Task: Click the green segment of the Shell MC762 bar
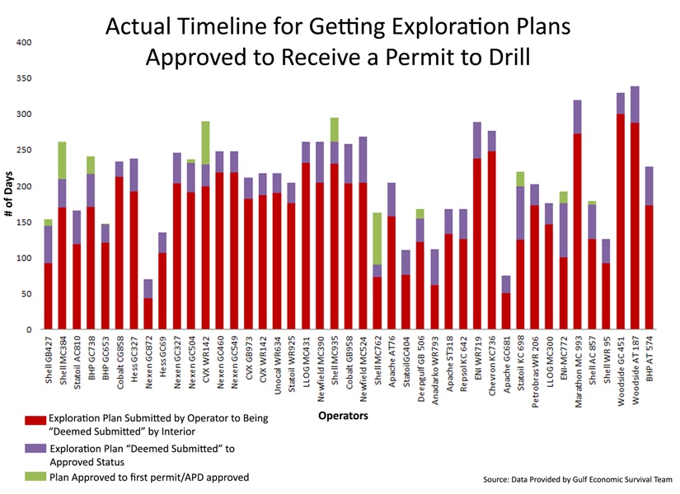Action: click(378, 239)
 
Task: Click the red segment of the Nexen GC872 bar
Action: click(148, 314)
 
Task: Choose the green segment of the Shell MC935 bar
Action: click(335, 129)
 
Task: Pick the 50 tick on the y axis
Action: click(26, 294)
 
